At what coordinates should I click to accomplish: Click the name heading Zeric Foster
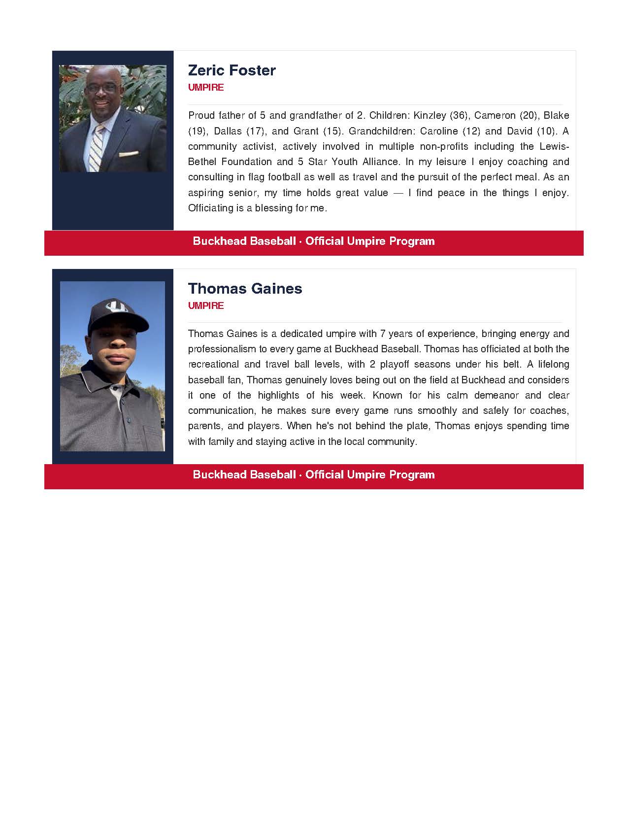click(x=231, y=70)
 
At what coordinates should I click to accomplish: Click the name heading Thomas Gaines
click(x=245, y=289)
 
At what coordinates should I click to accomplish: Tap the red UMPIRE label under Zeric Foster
click(x=206, y=88)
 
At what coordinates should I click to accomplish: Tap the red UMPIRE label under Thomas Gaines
click(x=206, y=306)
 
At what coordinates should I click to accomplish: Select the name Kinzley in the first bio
click(x=430, y=116)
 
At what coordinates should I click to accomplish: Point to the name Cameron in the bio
click(x=495, y=116)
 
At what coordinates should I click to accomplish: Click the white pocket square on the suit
click(x=129, y=153)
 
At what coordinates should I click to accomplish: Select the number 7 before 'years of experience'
click(x=383, y=334)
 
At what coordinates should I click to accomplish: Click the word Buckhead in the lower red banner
click(x=219, y=475)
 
